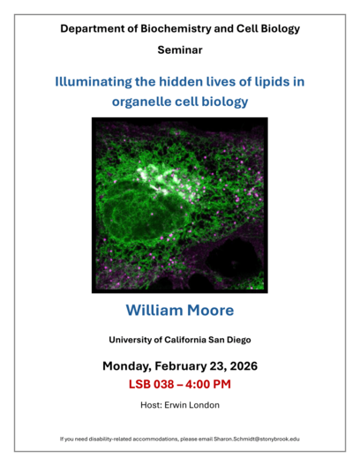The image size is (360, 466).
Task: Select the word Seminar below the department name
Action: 180,51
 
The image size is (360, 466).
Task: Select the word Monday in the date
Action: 129,365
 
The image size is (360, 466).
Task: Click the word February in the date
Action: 187,365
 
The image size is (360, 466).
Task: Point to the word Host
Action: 154,404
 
